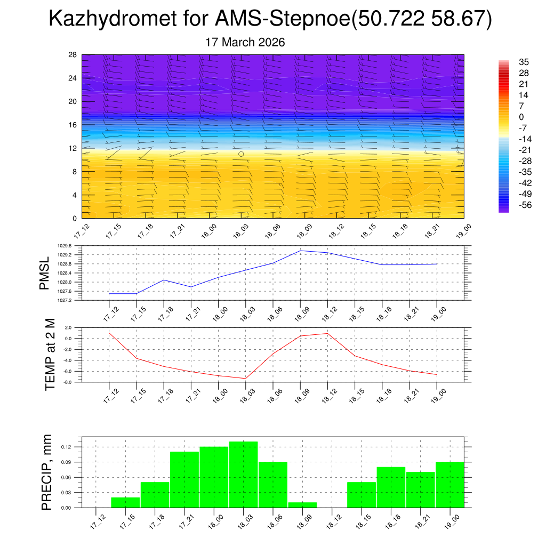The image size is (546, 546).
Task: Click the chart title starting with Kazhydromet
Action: coord(270,20)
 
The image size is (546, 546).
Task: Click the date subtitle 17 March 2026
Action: coord(245,42)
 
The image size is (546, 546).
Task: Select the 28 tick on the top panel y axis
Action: coord(73,55)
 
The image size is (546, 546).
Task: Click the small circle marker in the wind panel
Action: coord(241,154)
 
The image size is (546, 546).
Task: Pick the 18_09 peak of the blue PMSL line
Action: coord(300,251)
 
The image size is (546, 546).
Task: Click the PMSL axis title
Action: coord(45,274)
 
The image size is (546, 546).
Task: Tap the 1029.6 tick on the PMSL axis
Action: coord(71,246)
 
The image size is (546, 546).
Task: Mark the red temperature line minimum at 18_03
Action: coord(245,379)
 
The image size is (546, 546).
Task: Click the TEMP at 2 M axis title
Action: coord(50,355)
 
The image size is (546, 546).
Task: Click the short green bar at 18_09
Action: coord(302,504)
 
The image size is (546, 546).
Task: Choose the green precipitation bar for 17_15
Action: coord(125,502)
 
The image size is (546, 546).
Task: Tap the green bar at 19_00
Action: coord(449,484)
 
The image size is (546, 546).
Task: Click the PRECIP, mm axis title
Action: coord(47,472)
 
